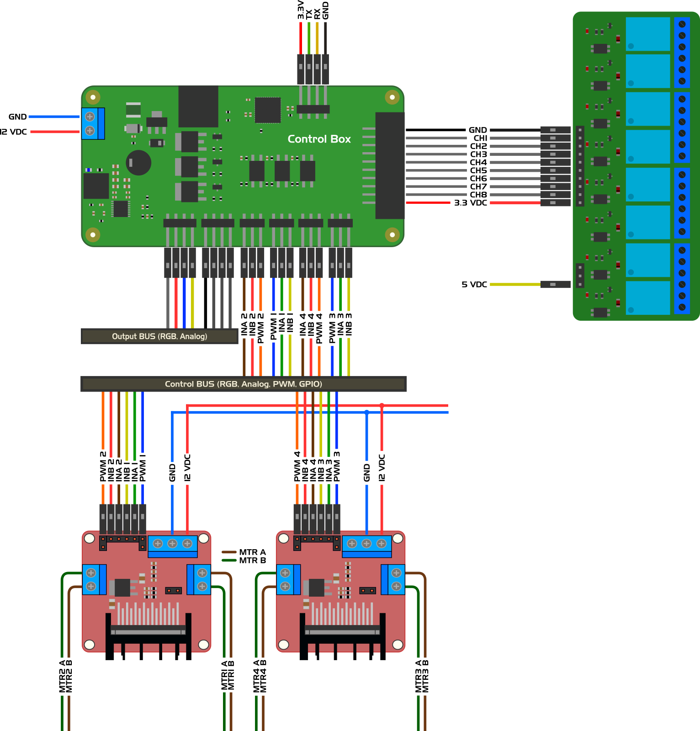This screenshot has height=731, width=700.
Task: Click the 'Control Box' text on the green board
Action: click(x=319, y=139)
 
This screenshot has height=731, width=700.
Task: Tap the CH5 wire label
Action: click(x=478, y=170)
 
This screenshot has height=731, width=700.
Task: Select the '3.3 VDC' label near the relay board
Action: click(x=470, y=203)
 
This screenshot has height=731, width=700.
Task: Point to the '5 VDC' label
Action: click(x=474, y=284)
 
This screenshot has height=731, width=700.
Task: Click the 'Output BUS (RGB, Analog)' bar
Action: click(x=159, y=336)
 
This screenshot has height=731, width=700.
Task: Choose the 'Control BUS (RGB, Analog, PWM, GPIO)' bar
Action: click(x=243, y=384)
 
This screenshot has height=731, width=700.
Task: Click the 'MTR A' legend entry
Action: click(x=252, y=552)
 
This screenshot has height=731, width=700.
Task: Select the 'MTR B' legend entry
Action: click(x=252, y=560)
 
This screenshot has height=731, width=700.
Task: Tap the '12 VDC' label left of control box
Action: click(x=13, y=132)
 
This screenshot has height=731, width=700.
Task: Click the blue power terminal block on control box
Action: click(x=93, y=123)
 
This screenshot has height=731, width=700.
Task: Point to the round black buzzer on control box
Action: click(x=138, y=163)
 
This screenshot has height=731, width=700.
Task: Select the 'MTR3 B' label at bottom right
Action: click(x=425, y=676)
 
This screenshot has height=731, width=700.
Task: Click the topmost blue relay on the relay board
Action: click(x=647, y=34)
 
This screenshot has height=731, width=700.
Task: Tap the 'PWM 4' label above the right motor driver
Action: click(x=297, y=466)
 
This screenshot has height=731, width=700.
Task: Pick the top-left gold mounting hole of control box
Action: click(x=93, y=97)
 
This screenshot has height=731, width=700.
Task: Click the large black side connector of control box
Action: click(x=390, y=165)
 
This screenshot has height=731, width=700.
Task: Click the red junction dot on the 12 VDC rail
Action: click(x=382, y=405)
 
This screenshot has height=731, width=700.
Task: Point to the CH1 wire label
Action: click(x=480, y=138)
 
